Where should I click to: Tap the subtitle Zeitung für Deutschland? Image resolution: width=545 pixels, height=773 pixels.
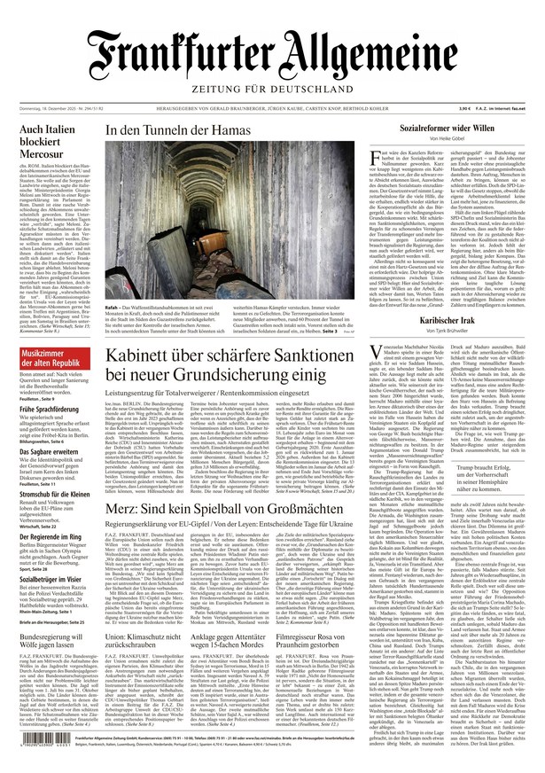click(271, 95)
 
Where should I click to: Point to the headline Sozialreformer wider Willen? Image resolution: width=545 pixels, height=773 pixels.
click(446, 129)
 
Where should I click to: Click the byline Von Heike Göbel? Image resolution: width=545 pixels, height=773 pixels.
click(446, 140)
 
